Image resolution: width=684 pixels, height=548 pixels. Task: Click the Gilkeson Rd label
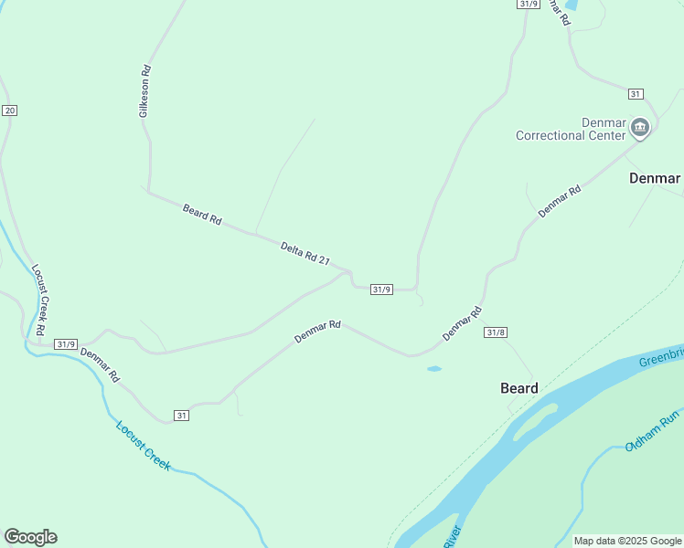(x=144, y=90)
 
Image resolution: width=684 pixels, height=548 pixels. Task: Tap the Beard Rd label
(x=202, y=215)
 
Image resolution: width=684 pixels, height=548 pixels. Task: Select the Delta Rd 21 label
(x=305, y=252)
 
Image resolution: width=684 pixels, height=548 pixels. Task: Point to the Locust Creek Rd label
(x=39, y=300)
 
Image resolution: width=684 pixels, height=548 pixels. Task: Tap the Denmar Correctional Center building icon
(x=640, y=128)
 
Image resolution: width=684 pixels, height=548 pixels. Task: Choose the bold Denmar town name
(x=655, y=178)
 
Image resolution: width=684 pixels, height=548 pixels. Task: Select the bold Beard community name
(x=519, y=388)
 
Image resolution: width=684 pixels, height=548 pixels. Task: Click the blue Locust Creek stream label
(x=144, y=445)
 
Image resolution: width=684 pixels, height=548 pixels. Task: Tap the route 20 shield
(x=9, y=111)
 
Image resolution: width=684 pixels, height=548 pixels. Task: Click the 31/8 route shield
(x=496, y=332)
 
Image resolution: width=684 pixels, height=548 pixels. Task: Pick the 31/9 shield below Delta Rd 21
(x=381, y=290)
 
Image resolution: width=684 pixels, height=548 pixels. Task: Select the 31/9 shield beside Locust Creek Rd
(x=66, y=344)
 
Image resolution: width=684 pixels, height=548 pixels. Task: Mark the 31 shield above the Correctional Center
(x=636, y=94)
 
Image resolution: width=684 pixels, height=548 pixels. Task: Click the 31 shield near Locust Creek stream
(x=182, y=416)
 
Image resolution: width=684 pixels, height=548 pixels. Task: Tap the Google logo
(x=30, y=537)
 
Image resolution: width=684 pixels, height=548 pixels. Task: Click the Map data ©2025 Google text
(x=628, y=541)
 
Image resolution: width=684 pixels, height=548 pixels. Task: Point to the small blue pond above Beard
(x=433, y=369)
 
